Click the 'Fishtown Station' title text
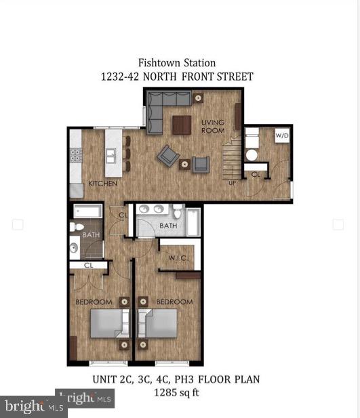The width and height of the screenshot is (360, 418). pos(176,63)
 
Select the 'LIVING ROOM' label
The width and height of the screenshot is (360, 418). pos(213,126)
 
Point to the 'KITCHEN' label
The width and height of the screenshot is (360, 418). pos(103,184)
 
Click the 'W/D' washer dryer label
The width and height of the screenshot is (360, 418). pos(281,135)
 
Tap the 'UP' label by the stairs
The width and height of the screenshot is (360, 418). pos(233,183)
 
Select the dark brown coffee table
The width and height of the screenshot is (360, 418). pos(182,125)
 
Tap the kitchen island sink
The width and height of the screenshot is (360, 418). pos(110,157)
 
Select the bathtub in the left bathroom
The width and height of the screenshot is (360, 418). pos(87,211)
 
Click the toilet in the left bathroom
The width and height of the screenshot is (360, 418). pos(77,227)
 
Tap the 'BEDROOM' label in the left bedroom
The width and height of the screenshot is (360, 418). pos(94,301)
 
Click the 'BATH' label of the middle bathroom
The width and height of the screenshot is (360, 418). pos(169,226)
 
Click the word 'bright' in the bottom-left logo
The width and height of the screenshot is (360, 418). pos(22,406)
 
